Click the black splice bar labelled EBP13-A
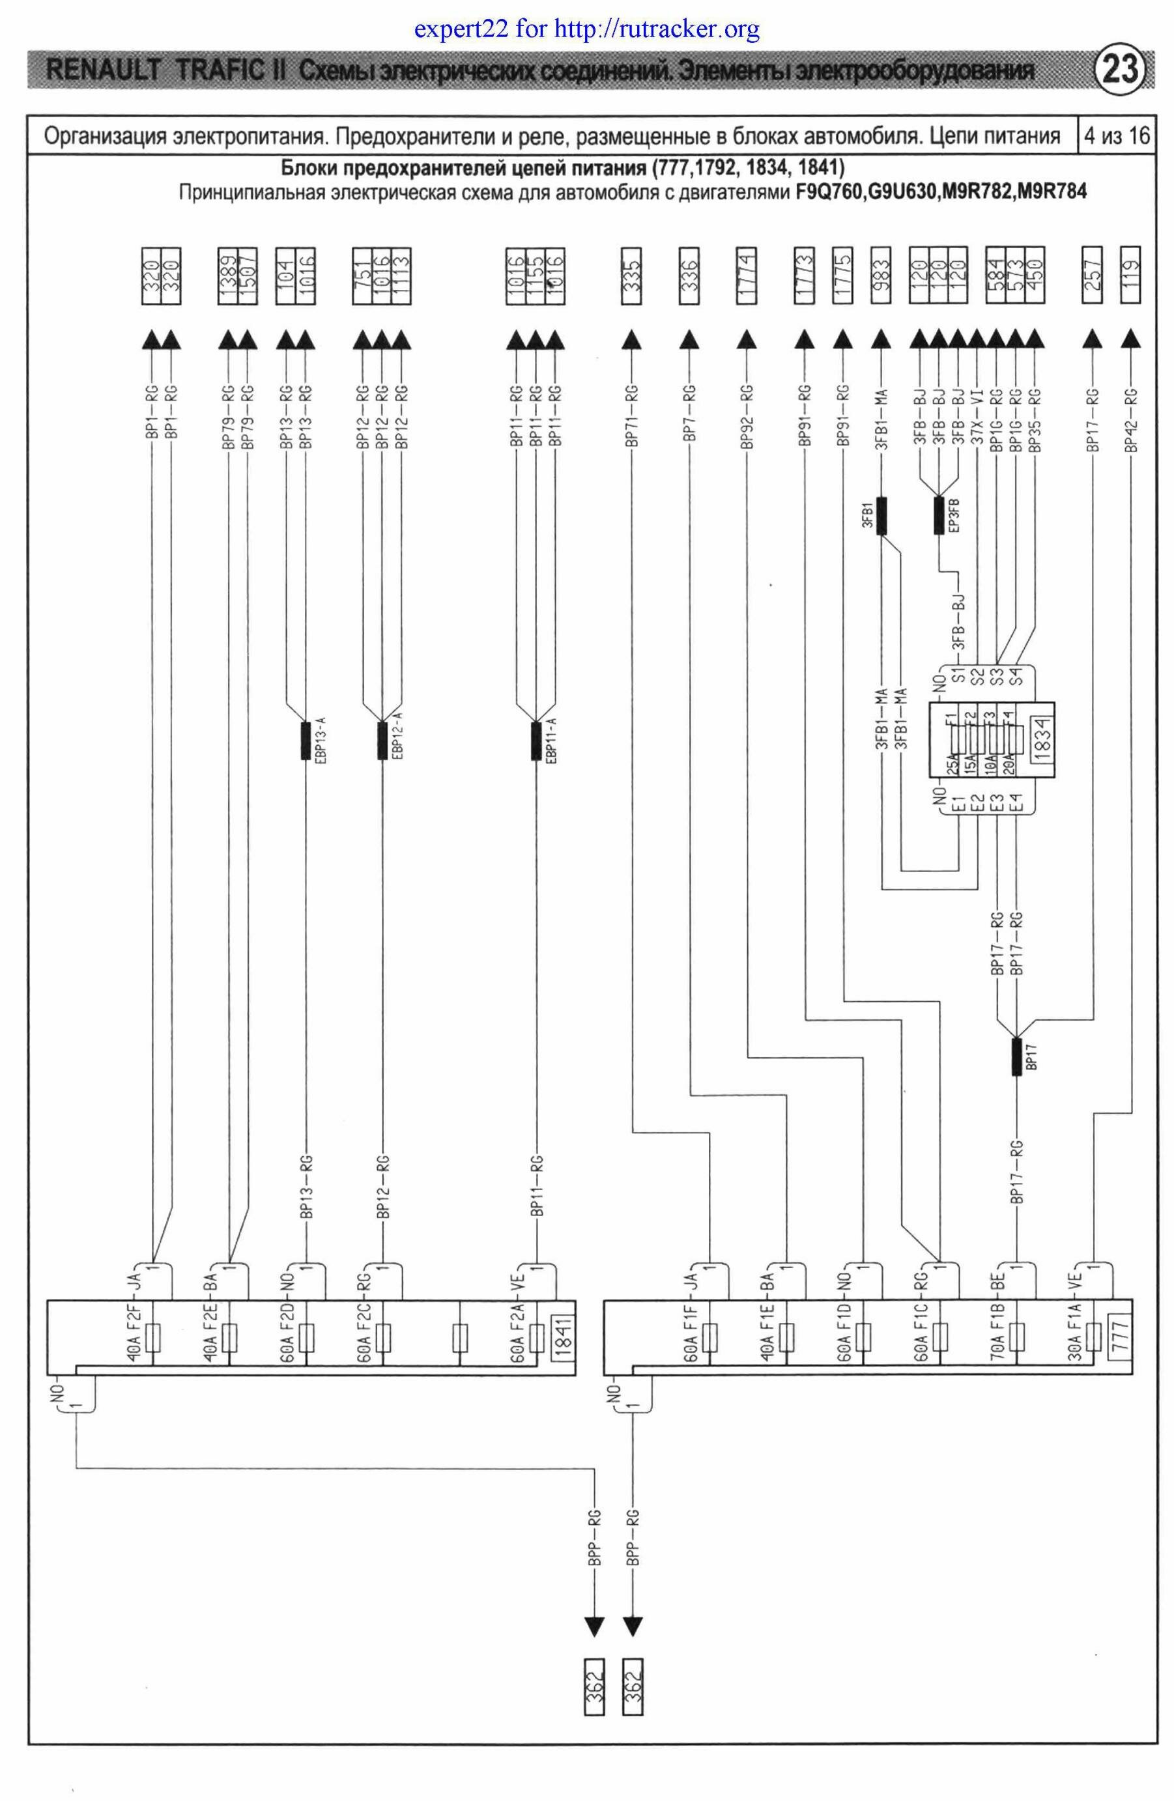tap(306, 741)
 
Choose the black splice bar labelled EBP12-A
tap(382, 741)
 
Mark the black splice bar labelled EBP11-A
tap(536, 741)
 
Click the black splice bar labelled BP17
tap(1016, 1057)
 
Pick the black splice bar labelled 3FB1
tap(881, 516)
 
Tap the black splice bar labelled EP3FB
tap(939, 516)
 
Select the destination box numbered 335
tap(631, 276)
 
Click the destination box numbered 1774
tap(747, 276)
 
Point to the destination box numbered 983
tap(881, 276)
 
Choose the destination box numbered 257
tap(1093, 276)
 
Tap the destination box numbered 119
tap(1130, 276)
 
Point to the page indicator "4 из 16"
tap(1117, 137)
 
